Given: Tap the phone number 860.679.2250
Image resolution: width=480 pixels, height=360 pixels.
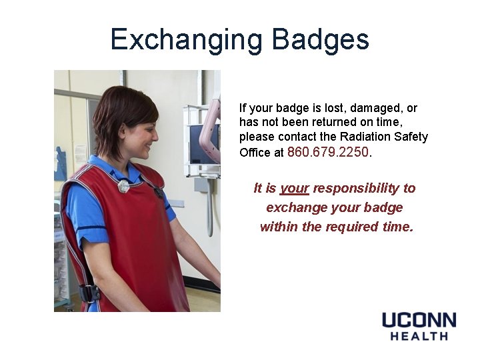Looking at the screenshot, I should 327,152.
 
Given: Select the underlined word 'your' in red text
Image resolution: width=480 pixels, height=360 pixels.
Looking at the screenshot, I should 294,188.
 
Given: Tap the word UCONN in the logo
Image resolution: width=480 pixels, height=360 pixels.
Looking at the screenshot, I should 419,320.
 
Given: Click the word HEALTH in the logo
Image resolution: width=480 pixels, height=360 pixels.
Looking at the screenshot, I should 419,337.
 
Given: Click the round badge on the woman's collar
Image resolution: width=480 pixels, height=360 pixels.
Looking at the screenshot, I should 124,186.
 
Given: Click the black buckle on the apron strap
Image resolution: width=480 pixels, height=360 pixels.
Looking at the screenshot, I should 89,293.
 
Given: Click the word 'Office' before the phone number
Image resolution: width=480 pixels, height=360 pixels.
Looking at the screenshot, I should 254,153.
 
